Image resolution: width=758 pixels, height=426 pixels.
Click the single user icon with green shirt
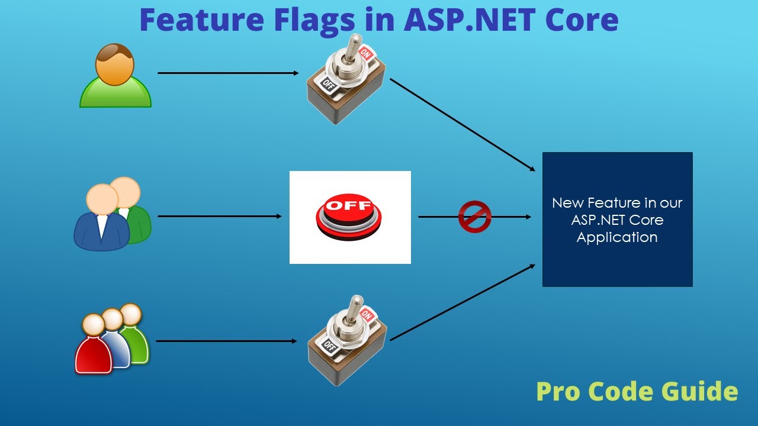coord(115,76)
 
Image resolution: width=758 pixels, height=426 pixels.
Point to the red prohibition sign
coord(475,217)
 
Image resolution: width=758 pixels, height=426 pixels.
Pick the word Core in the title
coord(582,20)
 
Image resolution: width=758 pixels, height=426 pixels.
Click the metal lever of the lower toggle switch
coord(355,308)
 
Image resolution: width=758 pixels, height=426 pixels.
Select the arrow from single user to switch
coord(228,73)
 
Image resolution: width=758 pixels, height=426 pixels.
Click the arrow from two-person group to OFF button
coord(220,216)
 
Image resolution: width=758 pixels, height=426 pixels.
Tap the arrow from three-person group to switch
coord(226,341)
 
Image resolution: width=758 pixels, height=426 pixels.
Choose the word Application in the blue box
coord(617,237)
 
